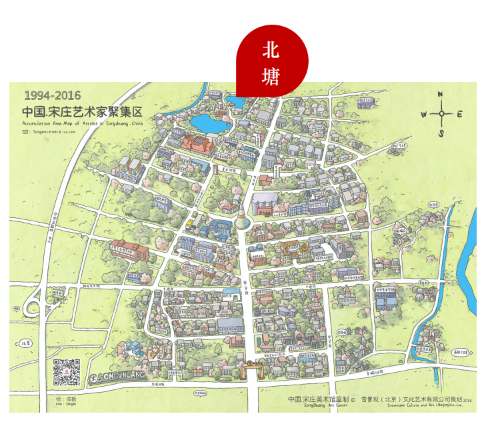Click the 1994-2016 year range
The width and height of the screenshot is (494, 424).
52,96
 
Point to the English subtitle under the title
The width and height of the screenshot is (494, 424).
82,123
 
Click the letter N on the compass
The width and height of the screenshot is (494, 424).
441,95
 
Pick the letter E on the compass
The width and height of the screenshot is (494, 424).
460,114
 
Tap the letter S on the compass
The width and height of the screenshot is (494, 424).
441,133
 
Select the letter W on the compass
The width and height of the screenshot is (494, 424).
423,114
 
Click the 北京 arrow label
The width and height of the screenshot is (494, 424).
26,343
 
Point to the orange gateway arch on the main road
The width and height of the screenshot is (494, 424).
253,367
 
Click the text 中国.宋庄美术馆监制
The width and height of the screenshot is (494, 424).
321,399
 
